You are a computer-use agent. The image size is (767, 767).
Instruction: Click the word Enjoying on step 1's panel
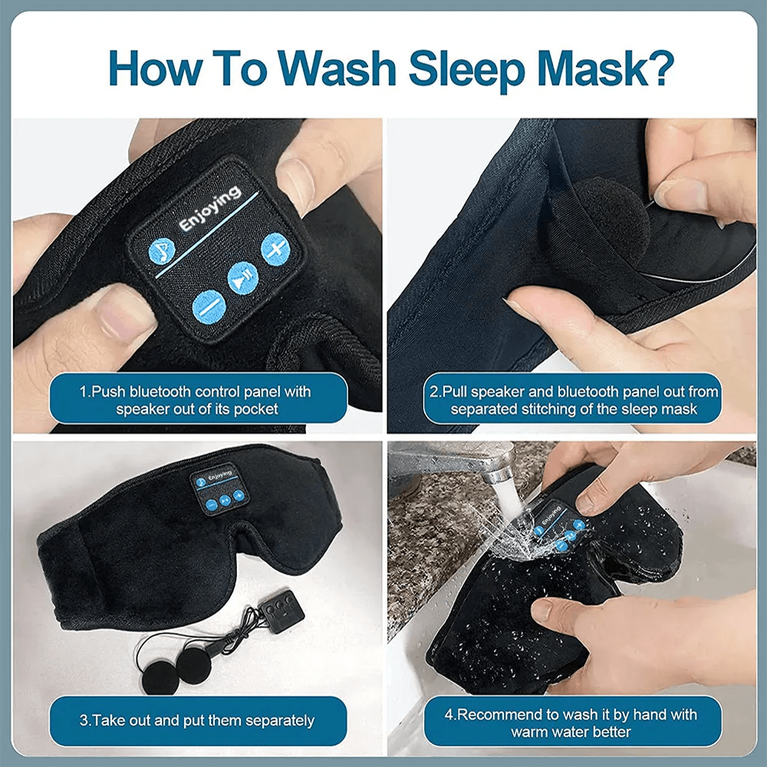click(209, 207)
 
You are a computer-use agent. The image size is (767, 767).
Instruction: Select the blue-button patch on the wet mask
click(558, 525)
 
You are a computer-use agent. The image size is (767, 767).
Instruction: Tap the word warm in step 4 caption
click(531, 732)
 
